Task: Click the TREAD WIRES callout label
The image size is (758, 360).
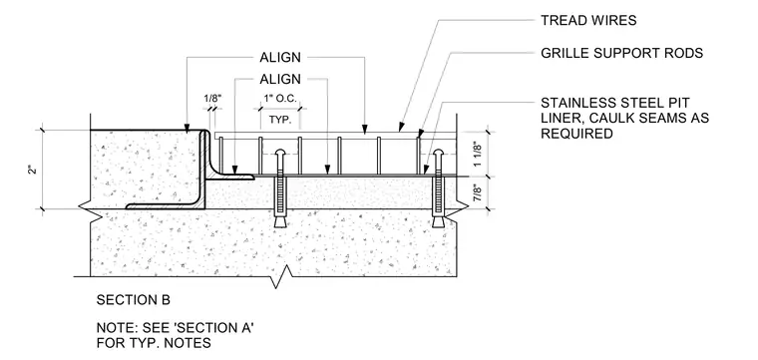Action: coord(588,20)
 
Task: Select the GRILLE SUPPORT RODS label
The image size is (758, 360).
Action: coord(621,53)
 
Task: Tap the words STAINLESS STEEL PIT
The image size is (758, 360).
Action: coord(615,103)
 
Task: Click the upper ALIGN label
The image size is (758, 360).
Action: coord(280,57)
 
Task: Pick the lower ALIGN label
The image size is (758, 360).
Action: coord(280,79)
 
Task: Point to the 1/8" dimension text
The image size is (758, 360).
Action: coord(212,98)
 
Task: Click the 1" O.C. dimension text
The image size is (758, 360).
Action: coord(280,98)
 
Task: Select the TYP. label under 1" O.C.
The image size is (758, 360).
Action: coord(280,120)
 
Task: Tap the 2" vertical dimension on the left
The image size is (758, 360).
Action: coord(33,170)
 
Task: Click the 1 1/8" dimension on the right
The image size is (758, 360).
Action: coord(479,155)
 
